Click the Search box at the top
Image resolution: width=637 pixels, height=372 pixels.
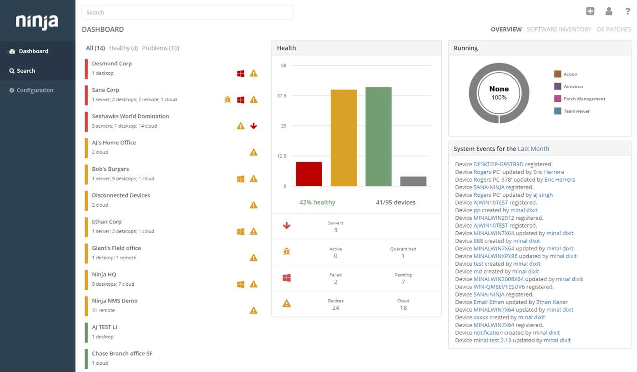[187, 12]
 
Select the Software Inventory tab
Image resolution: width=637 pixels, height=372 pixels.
[559, 30]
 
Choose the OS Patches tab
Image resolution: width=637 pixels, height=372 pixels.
[613, 30]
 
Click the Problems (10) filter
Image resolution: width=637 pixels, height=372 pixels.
[161, 48]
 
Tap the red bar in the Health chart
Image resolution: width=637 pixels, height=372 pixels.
[309, 174]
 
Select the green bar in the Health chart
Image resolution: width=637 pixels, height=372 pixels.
[379, 136]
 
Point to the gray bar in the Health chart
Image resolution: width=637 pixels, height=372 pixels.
[413, 181]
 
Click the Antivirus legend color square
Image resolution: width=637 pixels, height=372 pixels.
[557, 86]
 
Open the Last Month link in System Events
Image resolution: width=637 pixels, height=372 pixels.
[533, 149]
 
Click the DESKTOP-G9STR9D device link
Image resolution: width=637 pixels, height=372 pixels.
[498, 164]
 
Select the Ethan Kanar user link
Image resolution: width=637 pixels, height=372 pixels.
[552, 302]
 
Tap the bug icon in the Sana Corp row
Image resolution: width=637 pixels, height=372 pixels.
[227, 99]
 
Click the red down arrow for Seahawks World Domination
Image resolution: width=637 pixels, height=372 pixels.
[254, 126]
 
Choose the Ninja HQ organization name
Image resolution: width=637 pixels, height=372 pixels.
[104, 274]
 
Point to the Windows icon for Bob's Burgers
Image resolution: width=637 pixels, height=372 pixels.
[241, 179]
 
